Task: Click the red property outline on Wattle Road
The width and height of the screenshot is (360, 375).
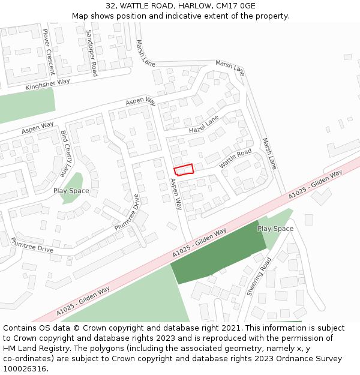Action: pos(184,169)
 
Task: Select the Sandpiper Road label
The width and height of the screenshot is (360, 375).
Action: pos(91,53)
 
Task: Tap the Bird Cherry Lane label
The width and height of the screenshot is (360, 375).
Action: pos(65,153)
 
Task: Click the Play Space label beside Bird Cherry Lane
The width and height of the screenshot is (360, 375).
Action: pos(71,191)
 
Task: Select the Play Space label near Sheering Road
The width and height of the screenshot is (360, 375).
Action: pos(275,229)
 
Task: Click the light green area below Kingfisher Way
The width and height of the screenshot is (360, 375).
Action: pos(27,105)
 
